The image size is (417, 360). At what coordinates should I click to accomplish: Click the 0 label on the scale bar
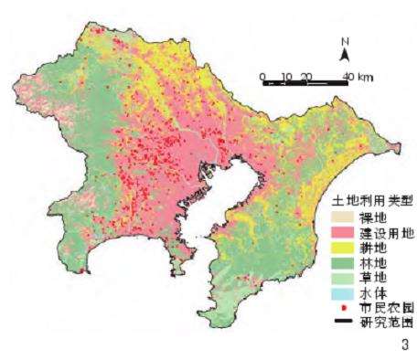[x=262, y=75]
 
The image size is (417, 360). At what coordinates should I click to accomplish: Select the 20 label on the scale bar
[x=306, y=75]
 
